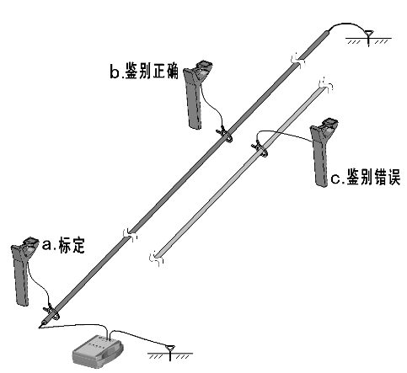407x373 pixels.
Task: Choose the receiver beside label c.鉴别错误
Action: (322, 156)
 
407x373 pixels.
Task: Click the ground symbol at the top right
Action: (369, 37)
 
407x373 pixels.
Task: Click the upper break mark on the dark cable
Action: (294, 59)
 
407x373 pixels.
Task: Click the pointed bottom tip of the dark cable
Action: (39, 325)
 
